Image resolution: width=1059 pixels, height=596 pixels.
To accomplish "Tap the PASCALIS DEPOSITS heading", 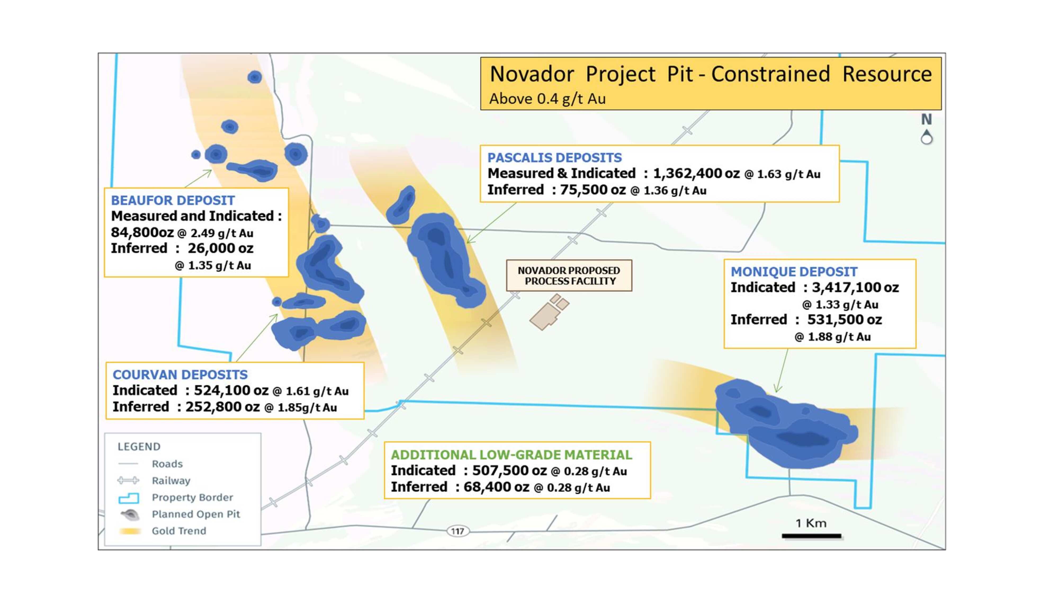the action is [x=555, y=158].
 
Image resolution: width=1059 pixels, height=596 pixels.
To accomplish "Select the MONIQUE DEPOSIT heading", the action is [x=794, y=272].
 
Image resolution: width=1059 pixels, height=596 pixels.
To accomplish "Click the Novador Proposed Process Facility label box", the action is [x=569, y=275].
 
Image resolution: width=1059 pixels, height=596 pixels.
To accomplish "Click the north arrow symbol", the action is [x=926, y=129].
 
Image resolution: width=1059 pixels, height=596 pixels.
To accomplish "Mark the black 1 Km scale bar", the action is [x=811, y=536].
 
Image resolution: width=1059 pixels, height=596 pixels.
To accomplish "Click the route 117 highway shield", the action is [x=457, y=531].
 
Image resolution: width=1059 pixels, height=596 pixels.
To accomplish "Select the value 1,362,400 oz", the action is [x=696, y=173].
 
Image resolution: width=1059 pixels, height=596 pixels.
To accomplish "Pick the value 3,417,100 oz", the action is [x=855, y=287].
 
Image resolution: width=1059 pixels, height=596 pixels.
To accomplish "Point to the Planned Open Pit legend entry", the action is [x=180, y=514].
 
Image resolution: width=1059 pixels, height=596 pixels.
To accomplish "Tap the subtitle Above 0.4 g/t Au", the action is [x=547, y=99].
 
